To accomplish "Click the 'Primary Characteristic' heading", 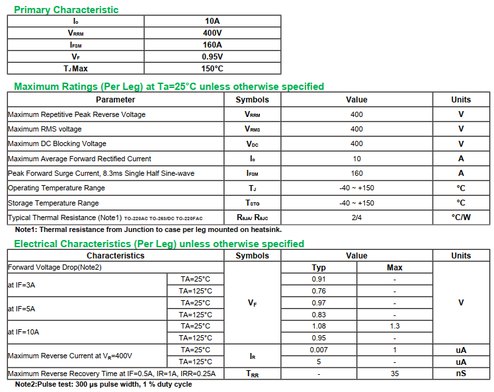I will tap(66, 10).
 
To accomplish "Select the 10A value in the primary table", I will tap(212, 20).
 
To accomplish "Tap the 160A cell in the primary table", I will tap(212, 44).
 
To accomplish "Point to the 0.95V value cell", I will tap(212, 56).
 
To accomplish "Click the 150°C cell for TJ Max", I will tap(212, 68).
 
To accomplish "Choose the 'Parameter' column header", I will tap(115, 100).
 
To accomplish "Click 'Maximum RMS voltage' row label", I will tap(45, 129).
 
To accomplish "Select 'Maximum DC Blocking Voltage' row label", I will tap(57, 143).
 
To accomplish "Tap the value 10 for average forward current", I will tap(356, 159).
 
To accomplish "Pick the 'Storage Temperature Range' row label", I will tap(54, 203).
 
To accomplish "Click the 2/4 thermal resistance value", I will tap(356, 217).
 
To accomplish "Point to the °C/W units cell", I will tap(461, 217).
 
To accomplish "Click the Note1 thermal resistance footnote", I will tap(148, 229).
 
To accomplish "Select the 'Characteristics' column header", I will tap(115, 256).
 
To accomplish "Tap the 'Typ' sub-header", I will tap(319, 268).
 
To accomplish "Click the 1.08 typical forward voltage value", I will tap(319, 326).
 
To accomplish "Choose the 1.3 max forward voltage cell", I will tap(394, 326).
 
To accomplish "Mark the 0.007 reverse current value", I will tap(319, 350).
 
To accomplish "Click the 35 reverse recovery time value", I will tap(394, 373).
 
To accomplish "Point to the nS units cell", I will tap(461, 373).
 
